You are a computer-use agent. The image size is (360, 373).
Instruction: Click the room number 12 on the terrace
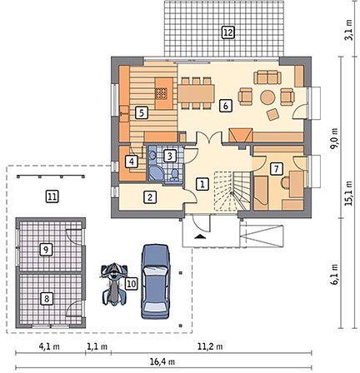tap(227, 32)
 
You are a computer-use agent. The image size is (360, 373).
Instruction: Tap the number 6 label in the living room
tap(226, 106)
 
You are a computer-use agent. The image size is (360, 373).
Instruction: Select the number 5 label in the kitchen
tap(142, 113)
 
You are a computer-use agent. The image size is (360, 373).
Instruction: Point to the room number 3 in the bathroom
tap(170, 156)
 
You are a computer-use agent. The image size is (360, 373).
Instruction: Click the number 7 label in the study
tap(276, 169)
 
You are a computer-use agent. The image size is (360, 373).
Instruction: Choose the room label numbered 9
tap(46, 250)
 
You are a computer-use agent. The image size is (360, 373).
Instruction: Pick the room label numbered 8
tap(47, 299)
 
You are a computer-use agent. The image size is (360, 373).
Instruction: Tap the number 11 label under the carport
tap(52, 196)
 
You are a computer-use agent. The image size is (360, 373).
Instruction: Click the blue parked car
tap(156, 281)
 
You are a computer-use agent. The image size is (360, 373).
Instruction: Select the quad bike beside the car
tap(114, 284)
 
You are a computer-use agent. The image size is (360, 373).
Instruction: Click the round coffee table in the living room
tap(267, 97)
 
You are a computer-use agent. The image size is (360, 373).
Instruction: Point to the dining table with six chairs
tap(196, 93)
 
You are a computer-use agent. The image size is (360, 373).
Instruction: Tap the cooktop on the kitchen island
tap(161, 93)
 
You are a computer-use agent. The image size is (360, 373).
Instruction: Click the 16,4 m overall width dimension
tap(162, 361)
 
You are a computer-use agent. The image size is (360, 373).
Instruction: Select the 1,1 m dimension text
tap(97, 346)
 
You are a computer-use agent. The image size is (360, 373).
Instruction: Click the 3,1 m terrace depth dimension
tap(348, 30)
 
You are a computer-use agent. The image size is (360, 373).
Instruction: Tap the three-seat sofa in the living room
tap(267, 77)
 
